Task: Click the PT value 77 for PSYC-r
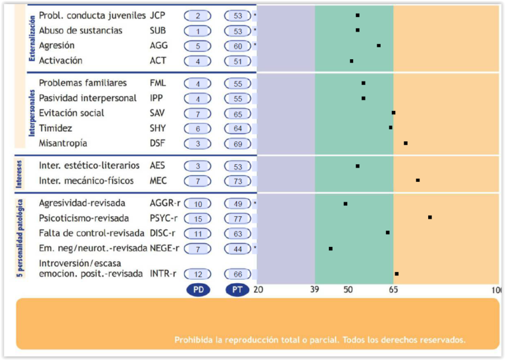(237, 219)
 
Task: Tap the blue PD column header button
(198, 290)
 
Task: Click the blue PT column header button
(237, 290)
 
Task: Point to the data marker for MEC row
(418, 180)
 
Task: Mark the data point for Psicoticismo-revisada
(430, 217)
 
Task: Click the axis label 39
(314, 290)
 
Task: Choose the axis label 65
(393, 290)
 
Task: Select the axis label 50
(349, 290)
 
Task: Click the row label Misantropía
(63, 143)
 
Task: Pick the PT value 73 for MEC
(237, 181)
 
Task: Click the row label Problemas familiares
(83, 83)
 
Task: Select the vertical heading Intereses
(20, 173)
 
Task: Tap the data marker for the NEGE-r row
(331, 248)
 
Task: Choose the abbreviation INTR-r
(163, 274)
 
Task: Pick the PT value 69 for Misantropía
(237, 144)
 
